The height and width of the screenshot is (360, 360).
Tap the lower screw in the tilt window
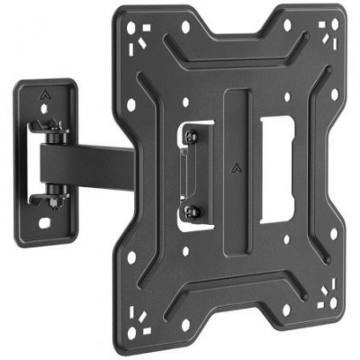tap(191, 212)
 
